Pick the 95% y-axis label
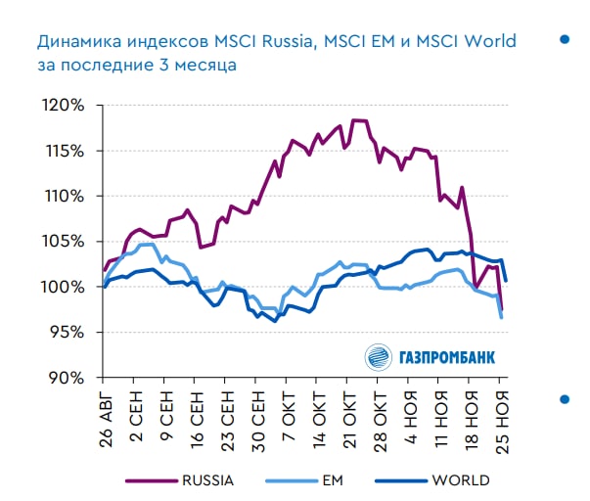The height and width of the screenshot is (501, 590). [x=68, y=333]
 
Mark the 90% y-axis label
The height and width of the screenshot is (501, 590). [x=68, y=378]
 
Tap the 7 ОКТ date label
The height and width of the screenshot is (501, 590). [x=288, y=416]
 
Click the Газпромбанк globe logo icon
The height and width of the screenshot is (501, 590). [x=378, y=357]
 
